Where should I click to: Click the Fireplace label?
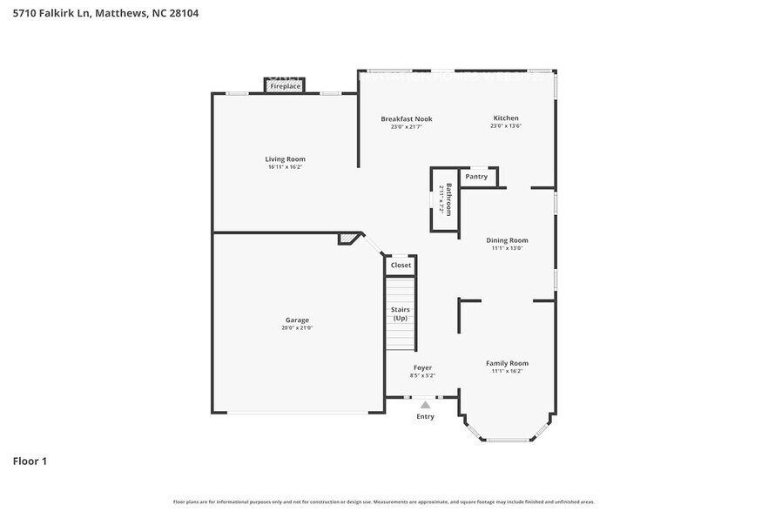pyautogui.click(x=285, y=87)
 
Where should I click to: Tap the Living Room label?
pyautogui.click(x=285, y=159)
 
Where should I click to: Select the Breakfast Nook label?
pyautogui.click(x=406, y=119)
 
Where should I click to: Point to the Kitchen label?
pyautogui.click(x=506, y=118)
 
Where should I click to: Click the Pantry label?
pyautogui.click(x=476, y=177)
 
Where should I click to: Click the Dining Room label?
pyautogui.click(x=506, y=240)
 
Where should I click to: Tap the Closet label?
pyautogui.click(x=401, y=266)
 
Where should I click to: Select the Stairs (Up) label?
pyautogui.click(x=401, y=313)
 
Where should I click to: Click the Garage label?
pyautogui.click(x=297, y=320)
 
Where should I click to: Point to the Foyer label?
pyautogui.click(x=422, y=367)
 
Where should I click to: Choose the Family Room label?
pyautogui.click(x=506, y=363)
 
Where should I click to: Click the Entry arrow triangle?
pyautogui.click(x=425, y=404)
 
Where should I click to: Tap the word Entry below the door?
pyautogui.click(x=425, y=416)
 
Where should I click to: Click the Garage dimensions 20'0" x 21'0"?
pyautogui.click(x=297, y=328)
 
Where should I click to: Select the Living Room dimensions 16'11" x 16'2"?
pyautogui.click(x=285, y=167)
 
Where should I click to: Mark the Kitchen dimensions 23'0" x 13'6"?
pyautogui.click(x=506, y=126)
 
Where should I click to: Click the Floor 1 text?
pyautogui.click(x=30, y=461)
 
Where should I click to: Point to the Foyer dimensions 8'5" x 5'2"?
pyautogui.click(x=423, y=375)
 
